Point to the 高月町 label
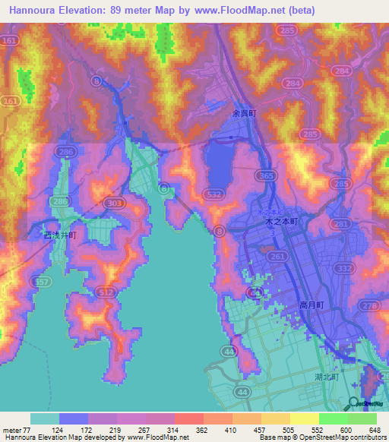click(x=311, y=304)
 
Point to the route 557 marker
click(x=43, y=281)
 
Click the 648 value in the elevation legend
click(x=372, y=431)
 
